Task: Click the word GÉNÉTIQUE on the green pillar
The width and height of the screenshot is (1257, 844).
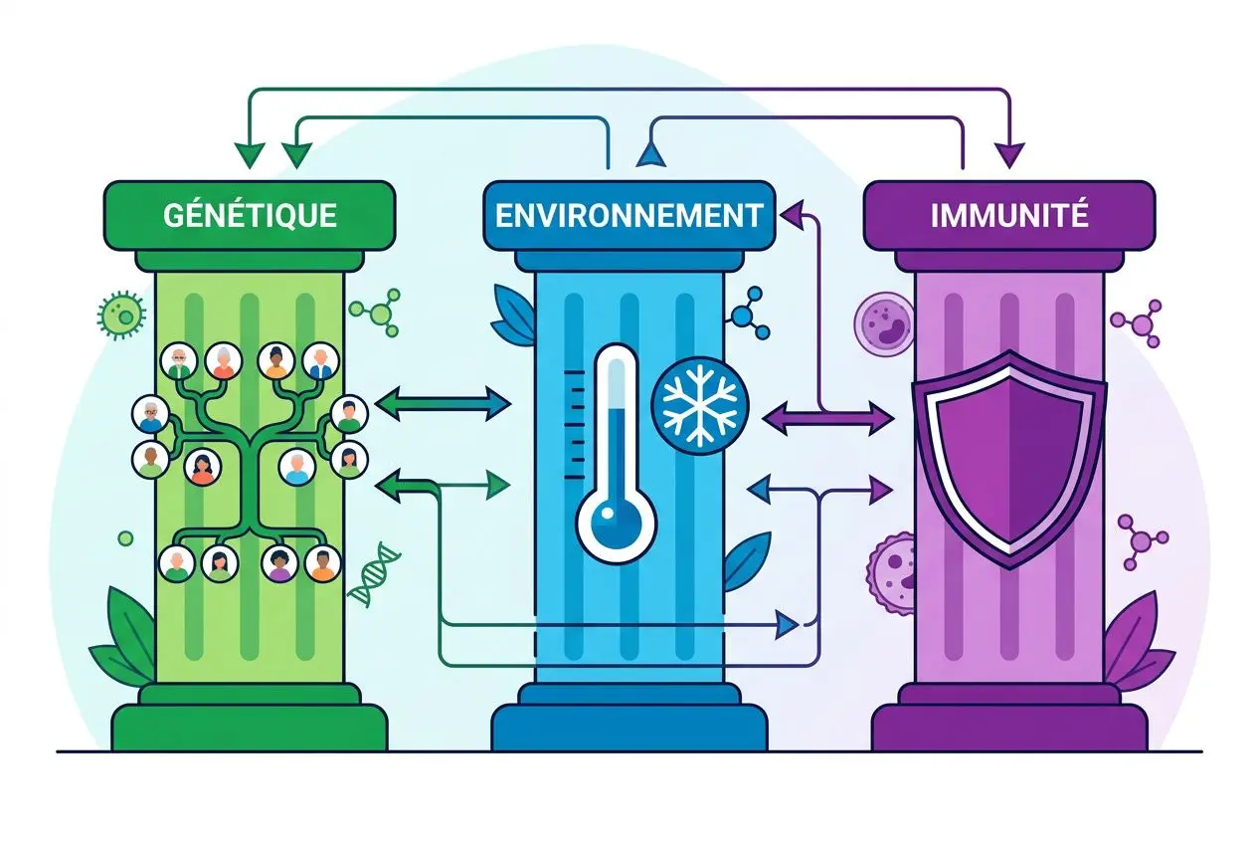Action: coord(250,215)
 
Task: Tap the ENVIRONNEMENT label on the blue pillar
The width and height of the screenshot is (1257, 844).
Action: coord(628,215)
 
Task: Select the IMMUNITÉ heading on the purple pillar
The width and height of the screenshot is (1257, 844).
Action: coord(1008,215)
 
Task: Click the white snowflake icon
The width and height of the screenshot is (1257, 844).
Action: coord(699,406)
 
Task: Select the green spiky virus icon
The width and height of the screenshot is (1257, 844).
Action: coord(121,315)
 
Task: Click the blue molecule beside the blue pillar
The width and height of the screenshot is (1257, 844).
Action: coord(748,311)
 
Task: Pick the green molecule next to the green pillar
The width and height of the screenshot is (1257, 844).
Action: coord(380,313)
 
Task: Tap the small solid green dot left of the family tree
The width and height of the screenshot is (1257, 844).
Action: coord(125,538)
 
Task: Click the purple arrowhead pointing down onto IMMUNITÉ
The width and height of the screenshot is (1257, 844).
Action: coord(1010,154)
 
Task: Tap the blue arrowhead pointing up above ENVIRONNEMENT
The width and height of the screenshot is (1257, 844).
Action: coord(650,152)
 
